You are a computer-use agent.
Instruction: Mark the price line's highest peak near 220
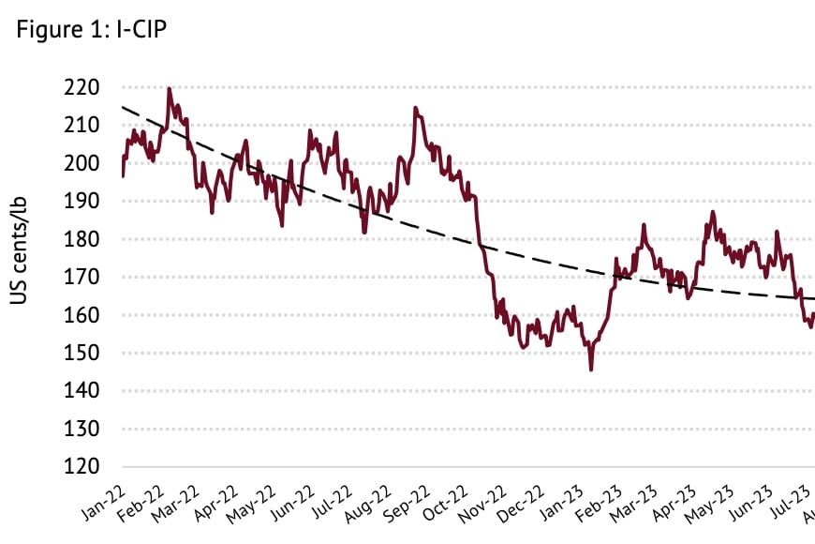tap(169, 89)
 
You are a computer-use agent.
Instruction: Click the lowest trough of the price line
tap(591, 370)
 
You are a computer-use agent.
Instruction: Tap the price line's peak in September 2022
tap(415, 108)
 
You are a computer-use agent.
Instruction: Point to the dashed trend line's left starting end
tap(124, 107)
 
